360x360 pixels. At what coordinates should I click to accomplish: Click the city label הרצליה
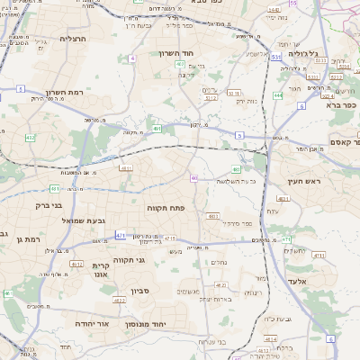(71, 39)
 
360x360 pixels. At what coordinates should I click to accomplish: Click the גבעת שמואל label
(59, 220)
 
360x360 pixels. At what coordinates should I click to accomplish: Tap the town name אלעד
(320, 281)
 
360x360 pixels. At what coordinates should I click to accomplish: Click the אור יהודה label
(89, 323)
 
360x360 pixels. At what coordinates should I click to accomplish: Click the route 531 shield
(275, 56)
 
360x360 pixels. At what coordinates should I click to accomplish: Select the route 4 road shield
(132, 58)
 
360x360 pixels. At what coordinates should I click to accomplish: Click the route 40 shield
(193, 177)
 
